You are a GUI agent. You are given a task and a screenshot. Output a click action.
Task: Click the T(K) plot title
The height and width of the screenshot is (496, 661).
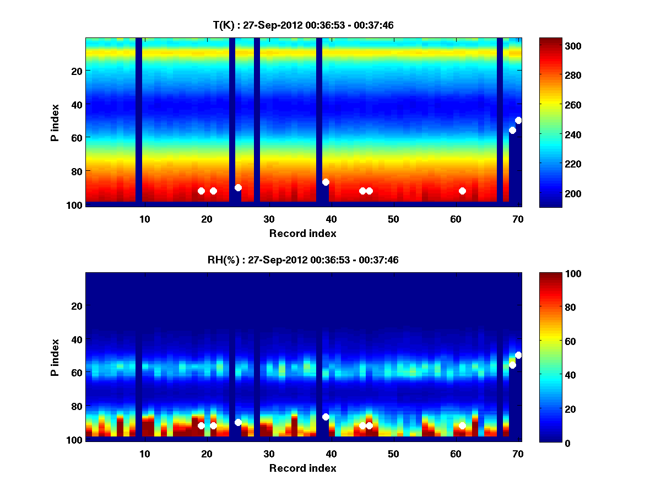(303, 25)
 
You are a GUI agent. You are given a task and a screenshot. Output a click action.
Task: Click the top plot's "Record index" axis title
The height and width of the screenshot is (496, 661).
(302, 233)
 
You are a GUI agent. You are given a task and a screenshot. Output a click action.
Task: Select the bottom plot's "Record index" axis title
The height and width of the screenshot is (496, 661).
(302, 468)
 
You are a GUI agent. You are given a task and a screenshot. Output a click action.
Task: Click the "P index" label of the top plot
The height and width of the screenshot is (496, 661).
(55, 122)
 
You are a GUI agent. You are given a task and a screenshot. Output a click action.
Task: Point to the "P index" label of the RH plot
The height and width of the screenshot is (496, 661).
(55, 357)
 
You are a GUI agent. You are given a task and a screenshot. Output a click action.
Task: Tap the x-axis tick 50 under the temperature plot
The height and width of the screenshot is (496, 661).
(393, 219)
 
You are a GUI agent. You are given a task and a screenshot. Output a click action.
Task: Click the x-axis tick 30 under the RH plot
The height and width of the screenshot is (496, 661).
(268, 454)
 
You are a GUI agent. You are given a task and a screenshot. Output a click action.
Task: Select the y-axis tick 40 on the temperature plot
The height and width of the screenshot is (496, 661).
(76, 104)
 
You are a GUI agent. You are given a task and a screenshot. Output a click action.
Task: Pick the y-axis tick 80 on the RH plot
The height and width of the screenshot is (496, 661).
(76, 406)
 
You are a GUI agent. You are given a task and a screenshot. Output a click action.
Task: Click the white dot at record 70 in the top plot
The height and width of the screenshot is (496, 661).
(518, 120)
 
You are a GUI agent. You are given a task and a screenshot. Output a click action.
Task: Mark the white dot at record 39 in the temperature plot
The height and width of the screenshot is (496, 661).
(326, 182)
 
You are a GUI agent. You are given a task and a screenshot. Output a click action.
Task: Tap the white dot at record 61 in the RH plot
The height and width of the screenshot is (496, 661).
(462, 425)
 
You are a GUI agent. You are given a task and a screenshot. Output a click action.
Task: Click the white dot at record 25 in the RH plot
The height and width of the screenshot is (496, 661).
(238, 422)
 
